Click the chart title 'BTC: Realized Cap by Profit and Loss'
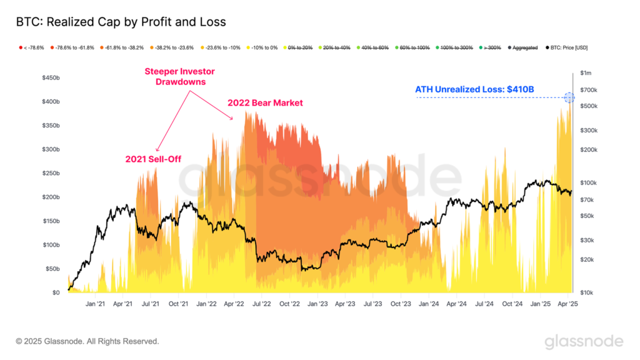pyautogui.click(x=121, y=22)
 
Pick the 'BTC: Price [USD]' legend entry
pyautogui.click(x=566, y=47)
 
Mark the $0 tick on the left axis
pyautogui.click(x=56, y=292)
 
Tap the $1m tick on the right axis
pyautogui.click(x=587, y=74)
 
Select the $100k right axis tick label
pyautogui.click(x=589, y=183)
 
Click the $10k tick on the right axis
pyautogui.click(x=588, y=292)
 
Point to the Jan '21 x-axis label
pyautogui.click(x=95, y=304)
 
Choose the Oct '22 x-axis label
pyautogui.click(x=289, y=304)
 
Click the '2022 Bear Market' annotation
pyautogui.click(x=265, y=102)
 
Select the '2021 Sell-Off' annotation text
pyautogui.click(x=153, y=159)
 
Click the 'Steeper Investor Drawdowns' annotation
pyautogui.click(x=173, y=77)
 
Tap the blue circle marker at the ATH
pyautogui.click(x=569, y=97)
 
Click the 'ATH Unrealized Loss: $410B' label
pyautogui.click(x=474, y=89)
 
